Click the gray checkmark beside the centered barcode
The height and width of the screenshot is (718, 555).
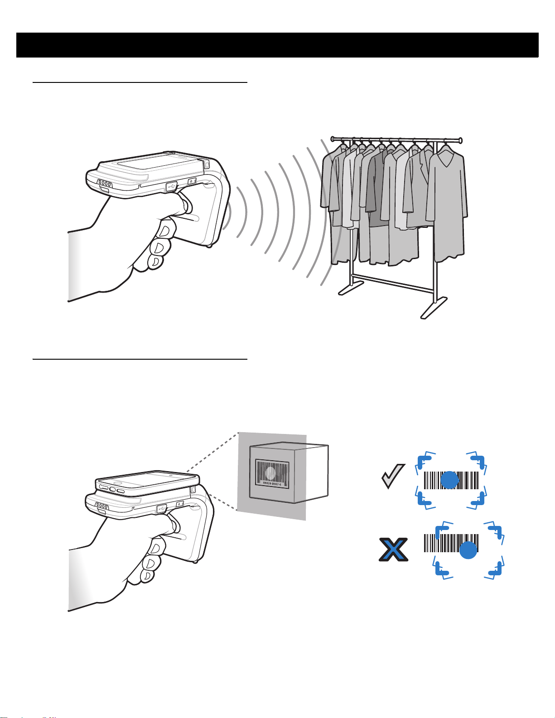coord(392,478)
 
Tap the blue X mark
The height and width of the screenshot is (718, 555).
coord(393,549)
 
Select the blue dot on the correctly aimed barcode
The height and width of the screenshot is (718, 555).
coord(449,480)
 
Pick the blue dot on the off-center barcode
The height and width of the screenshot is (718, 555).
coord(468,549)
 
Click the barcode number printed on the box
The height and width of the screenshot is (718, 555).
coord(272,484)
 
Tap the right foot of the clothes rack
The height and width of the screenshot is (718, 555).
coord(434,308)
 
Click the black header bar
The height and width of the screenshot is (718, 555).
coord(277,45)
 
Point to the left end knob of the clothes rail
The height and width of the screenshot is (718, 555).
coord(333,138)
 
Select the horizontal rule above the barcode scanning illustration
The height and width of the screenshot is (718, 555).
coord(140,359)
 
